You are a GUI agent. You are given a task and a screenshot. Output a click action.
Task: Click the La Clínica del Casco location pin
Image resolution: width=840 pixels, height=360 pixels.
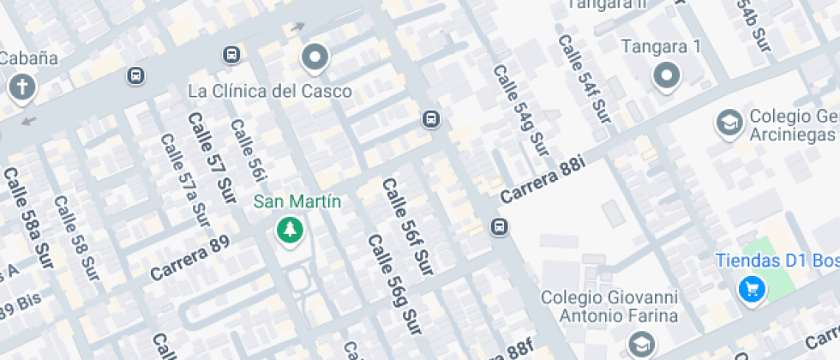click(x=315, y=58)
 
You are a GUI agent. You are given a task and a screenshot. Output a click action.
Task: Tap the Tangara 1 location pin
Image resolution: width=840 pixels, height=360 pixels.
click(x=666, y=76)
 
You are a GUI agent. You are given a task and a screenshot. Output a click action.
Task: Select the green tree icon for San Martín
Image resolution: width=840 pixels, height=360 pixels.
click(x=290, y=230)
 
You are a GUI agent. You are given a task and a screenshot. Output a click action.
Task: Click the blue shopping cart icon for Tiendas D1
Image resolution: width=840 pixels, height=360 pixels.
click(x=751, y=289)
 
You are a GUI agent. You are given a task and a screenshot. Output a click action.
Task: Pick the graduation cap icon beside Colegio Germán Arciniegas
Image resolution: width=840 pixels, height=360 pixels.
click(x=729, y=123)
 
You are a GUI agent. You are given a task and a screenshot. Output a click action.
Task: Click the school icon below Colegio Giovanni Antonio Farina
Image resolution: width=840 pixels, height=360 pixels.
click(x=639, y=345)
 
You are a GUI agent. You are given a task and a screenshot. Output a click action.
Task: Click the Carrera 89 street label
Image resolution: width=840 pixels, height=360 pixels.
click(x=189, y=260)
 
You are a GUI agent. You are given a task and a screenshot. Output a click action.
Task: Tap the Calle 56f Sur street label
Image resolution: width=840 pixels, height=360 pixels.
click(x=406, y=226)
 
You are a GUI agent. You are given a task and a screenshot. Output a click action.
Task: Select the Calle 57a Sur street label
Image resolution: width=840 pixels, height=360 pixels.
click(x=184, y=183)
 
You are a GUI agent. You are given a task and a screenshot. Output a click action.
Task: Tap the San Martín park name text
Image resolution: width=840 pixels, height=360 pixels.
click(x=297, y=202)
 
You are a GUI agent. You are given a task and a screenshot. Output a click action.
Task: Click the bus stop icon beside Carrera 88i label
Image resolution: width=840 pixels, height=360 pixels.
click(x=499, y=227)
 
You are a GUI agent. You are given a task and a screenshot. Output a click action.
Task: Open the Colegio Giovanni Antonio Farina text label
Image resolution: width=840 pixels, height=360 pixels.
click(x=609, y=306)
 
